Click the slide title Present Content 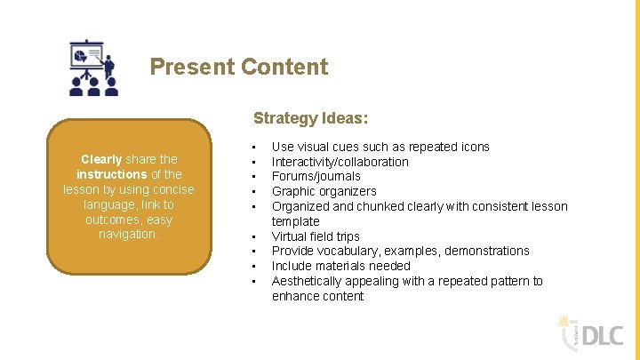[x=238, y=67]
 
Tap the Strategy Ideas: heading [x=310, y=117]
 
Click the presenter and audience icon [x=92, y=67]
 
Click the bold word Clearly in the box [x=100, y=159]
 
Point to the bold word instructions [x=111, y=174]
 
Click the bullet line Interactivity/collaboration [x=340, y=162]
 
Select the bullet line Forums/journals [x=316, y=176]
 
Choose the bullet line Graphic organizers [x=324, y=191]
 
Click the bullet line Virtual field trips [x=316, y=236]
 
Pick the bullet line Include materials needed [x=340, y=266]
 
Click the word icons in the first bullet [x=474, y=147]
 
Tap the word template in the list [x=295, y=221]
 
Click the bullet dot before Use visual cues [x=254, y=148]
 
